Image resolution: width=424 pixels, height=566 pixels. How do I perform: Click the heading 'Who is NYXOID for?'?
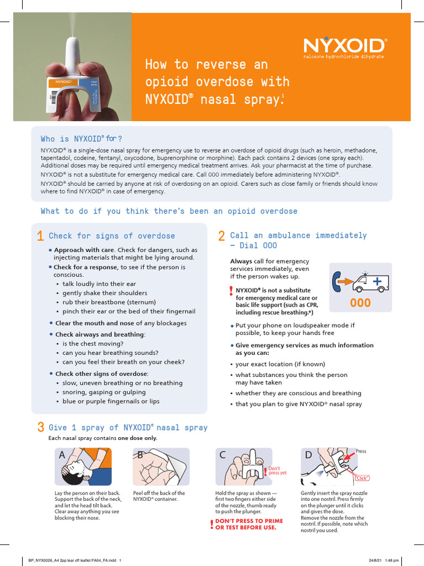pyautogui.click(x=82, y=138)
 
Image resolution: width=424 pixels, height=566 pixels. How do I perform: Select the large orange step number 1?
pyautogui.click(x=40, y=237)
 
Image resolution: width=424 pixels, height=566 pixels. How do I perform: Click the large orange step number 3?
pyautogui.click(x=40, y=427)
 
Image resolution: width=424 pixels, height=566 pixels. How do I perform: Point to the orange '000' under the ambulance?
pyautogui.click(x=361, y=303)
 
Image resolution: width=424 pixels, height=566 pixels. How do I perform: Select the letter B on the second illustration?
pyautogui.click(x=140, y=455)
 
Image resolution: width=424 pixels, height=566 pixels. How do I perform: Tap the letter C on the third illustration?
pyautogui.click(x=222, y=455)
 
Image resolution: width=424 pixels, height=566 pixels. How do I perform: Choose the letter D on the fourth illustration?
pyautogui.click(x=309, y=455)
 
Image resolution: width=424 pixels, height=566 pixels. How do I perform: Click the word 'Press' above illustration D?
pyautogui.click(x=361, y=452)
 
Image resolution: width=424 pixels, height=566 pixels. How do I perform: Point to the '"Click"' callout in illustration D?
pyautogui.click(x=362, y=477)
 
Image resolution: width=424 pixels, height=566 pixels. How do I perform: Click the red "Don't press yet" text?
pyautogui.click(x=277, y=470)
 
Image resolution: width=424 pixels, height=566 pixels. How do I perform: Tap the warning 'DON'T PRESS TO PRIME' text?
pyautogui.click(x=248, y=521)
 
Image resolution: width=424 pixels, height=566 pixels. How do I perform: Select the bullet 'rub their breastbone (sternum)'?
pyautogui.click(x=103, y=302)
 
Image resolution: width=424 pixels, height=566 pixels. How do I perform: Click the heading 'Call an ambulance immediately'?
pyautogui.click(x=298, y=235)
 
